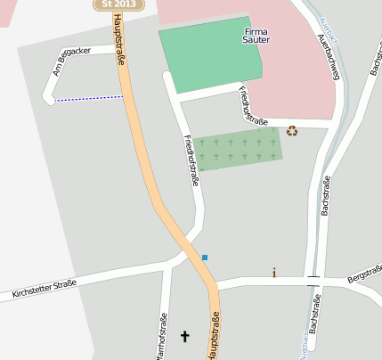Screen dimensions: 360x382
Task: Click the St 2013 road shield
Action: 118,4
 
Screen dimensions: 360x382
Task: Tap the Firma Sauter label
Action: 256,36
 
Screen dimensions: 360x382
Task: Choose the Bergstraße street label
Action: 364,274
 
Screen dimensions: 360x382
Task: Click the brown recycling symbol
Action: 291,132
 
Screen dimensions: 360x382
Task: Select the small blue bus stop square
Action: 205,258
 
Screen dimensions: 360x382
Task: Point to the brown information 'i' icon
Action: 274,273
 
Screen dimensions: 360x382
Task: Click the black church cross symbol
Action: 185,336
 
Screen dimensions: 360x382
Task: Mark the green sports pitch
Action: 212,57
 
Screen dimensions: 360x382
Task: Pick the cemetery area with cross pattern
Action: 238,148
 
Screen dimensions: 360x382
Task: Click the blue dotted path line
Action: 89,98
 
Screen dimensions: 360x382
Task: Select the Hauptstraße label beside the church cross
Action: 214,334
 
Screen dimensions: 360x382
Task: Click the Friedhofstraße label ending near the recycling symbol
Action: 252,106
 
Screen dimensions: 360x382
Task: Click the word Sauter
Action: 256,41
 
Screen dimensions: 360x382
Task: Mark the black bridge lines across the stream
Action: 313,279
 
